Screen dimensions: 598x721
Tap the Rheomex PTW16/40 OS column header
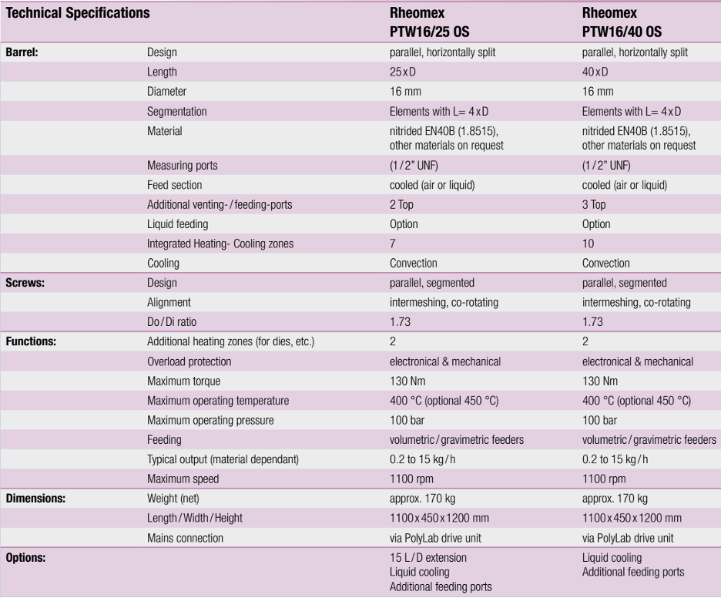pyautogui.click(x=621, y=23)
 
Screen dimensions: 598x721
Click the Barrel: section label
pyautogui.click(x=22, y=53)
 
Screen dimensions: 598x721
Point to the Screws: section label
pyautogui.click(x=25, y=283)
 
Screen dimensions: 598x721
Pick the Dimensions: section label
pyautogui.click(x=36, y=499)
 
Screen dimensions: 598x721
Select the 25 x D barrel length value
pyautogui.click(x=403, y=72)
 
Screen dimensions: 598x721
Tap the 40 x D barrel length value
pyautogui.click(x=595, y=72)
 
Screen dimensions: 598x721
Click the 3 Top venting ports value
pyautogui.click(x=595, y=206)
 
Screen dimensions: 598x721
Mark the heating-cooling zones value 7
pyautogui.click(x=393, y=244)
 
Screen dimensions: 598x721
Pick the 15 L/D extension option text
pyautogui.click(x=428, y=557)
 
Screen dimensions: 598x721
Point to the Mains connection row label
pyautogui.click(x=186, y=537)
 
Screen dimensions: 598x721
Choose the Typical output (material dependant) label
pyautogui.click(x=222, y=460)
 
